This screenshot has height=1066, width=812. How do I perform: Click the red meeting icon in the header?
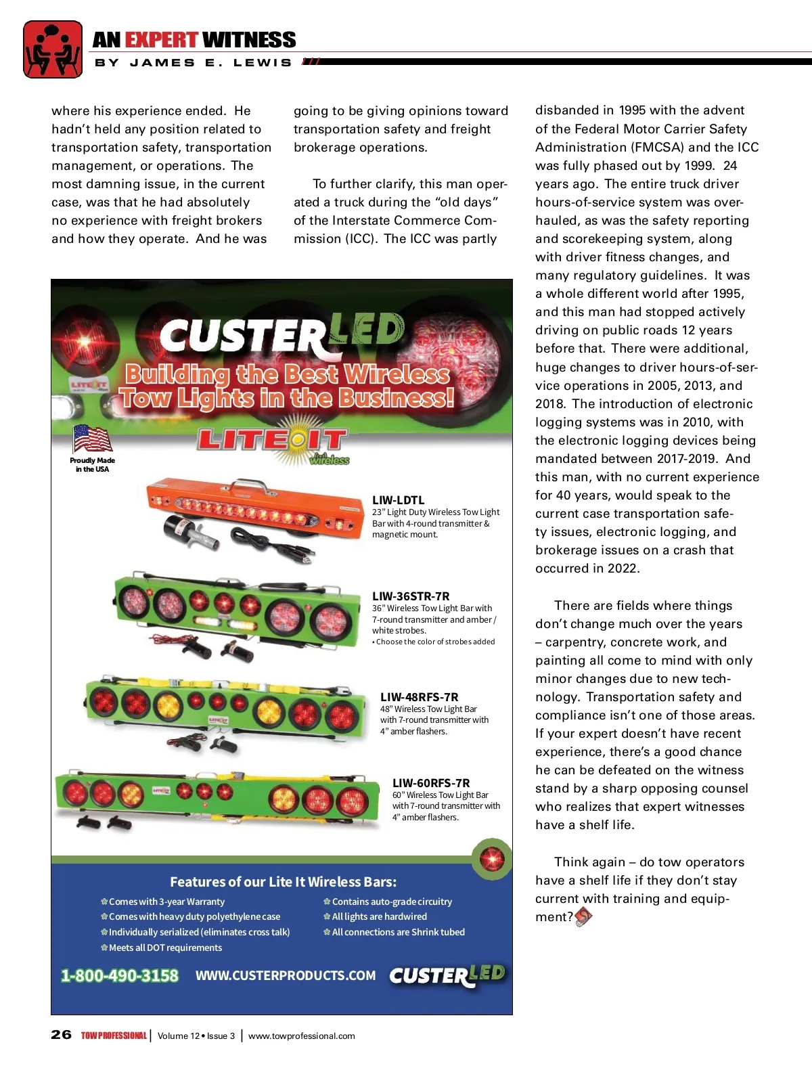[53, 49]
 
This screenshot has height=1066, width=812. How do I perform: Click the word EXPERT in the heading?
[161, 40]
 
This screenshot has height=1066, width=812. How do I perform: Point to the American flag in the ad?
[92, 439]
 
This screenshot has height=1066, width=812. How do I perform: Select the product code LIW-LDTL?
[399, 500]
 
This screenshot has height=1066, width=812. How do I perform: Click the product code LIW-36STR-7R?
[411, 596]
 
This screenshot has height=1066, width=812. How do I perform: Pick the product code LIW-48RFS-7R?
[419, 696]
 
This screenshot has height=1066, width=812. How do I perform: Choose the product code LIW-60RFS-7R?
[431, 783]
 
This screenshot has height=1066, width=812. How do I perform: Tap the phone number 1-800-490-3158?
[120, 975]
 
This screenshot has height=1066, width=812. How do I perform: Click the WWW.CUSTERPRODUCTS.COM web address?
[286, 975]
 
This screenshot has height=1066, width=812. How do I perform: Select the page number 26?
[61, 1035]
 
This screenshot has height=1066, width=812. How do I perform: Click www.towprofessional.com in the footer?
[302, 1036]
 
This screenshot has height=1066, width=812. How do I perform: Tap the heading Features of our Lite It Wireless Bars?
[283, 882]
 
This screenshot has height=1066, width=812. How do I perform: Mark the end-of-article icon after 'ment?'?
[583, 917]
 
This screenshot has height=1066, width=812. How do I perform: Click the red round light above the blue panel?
[492, 859]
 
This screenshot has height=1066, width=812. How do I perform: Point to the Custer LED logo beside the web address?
[447, 975]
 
